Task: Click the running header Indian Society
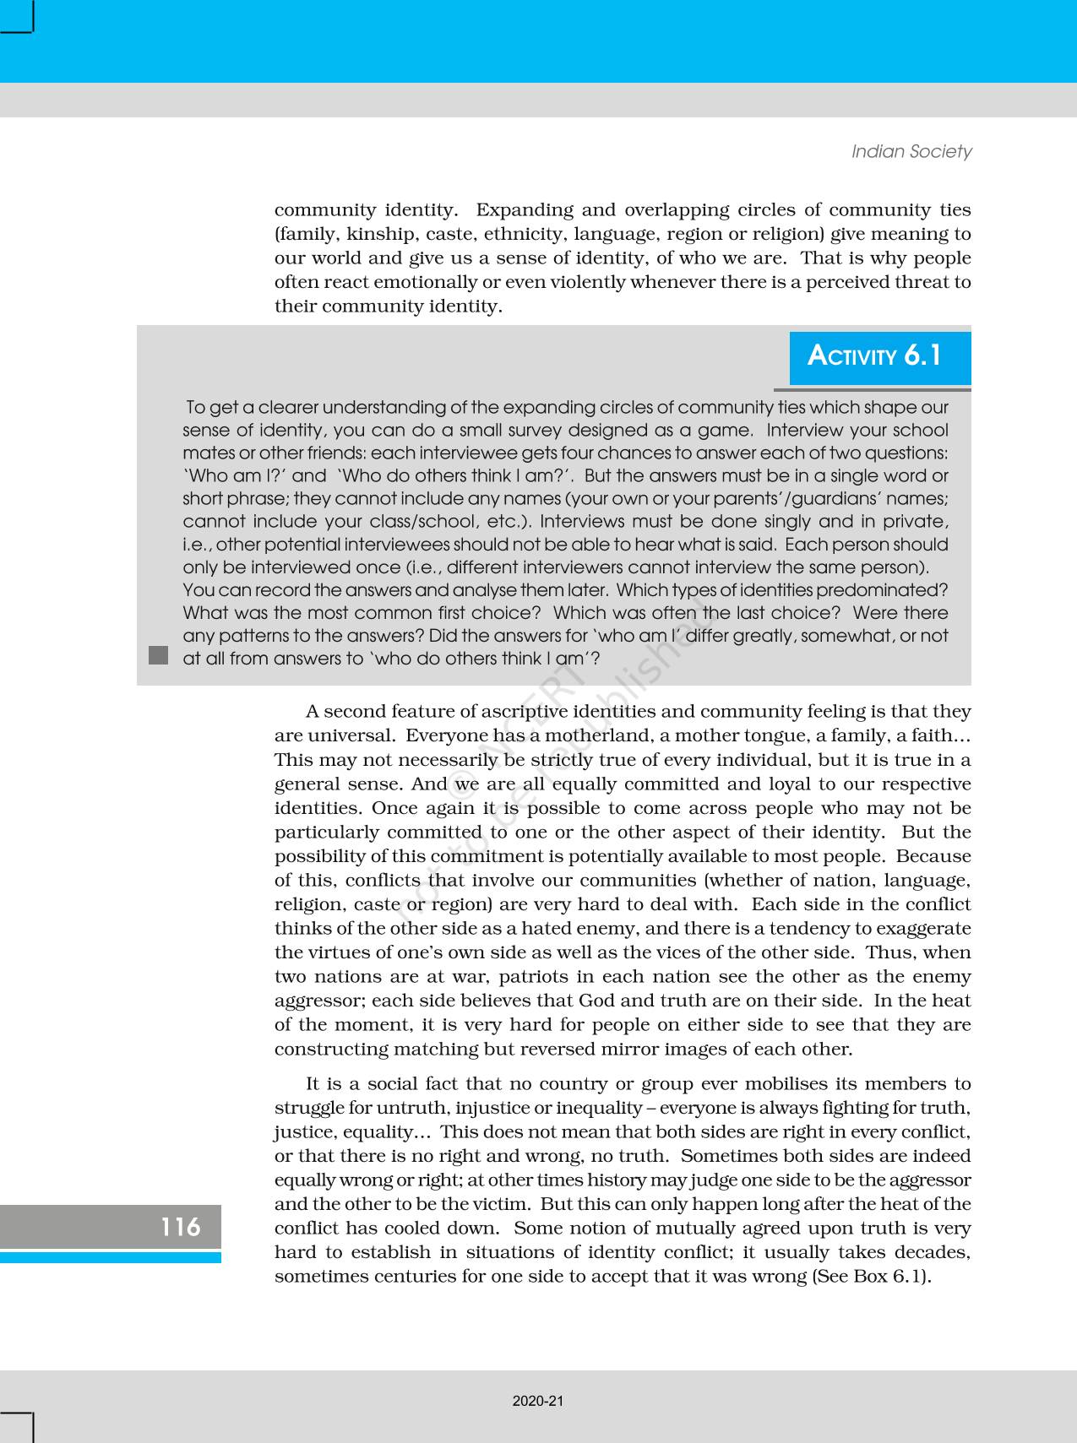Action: pyautogui.click(x=911, y=151)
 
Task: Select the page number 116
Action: pyautogui.click(x=181, y=1226)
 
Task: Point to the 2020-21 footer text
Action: pyautogui.click(x=538, y=1401)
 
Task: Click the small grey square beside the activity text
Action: pyautogui.click(x=158, y=655)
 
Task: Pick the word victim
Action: pyautogui.click(x=502, y=1204)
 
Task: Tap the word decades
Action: pyautogui.click(x=932, y=1252)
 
